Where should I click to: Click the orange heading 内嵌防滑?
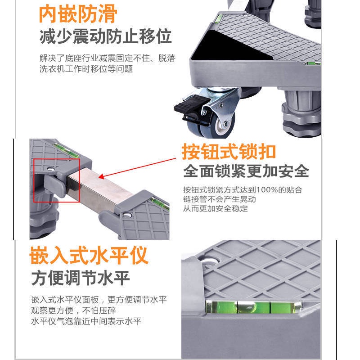point(78,14)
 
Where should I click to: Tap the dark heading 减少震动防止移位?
point(106,36)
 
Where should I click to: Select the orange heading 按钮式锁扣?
point(229,152)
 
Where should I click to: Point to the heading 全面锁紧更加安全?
point(246,171)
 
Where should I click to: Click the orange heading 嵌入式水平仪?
point(89,255)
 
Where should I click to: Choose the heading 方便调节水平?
point(81,278)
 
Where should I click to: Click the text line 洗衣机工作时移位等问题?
point(86,69)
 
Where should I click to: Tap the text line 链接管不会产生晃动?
point(220,199)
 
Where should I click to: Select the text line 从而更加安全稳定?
point(216,208)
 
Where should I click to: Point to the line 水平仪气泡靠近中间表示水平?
point(86,321)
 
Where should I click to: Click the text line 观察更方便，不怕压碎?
point(73,310)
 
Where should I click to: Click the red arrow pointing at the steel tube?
point(137,168)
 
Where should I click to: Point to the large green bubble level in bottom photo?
point(254,307)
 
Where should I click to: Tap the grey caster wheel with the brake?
point(211,125)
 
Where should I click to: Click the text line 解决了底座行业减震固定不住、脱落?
point(108,58)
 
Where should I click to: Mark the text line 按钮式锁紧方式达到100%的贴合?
point(243,190)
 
